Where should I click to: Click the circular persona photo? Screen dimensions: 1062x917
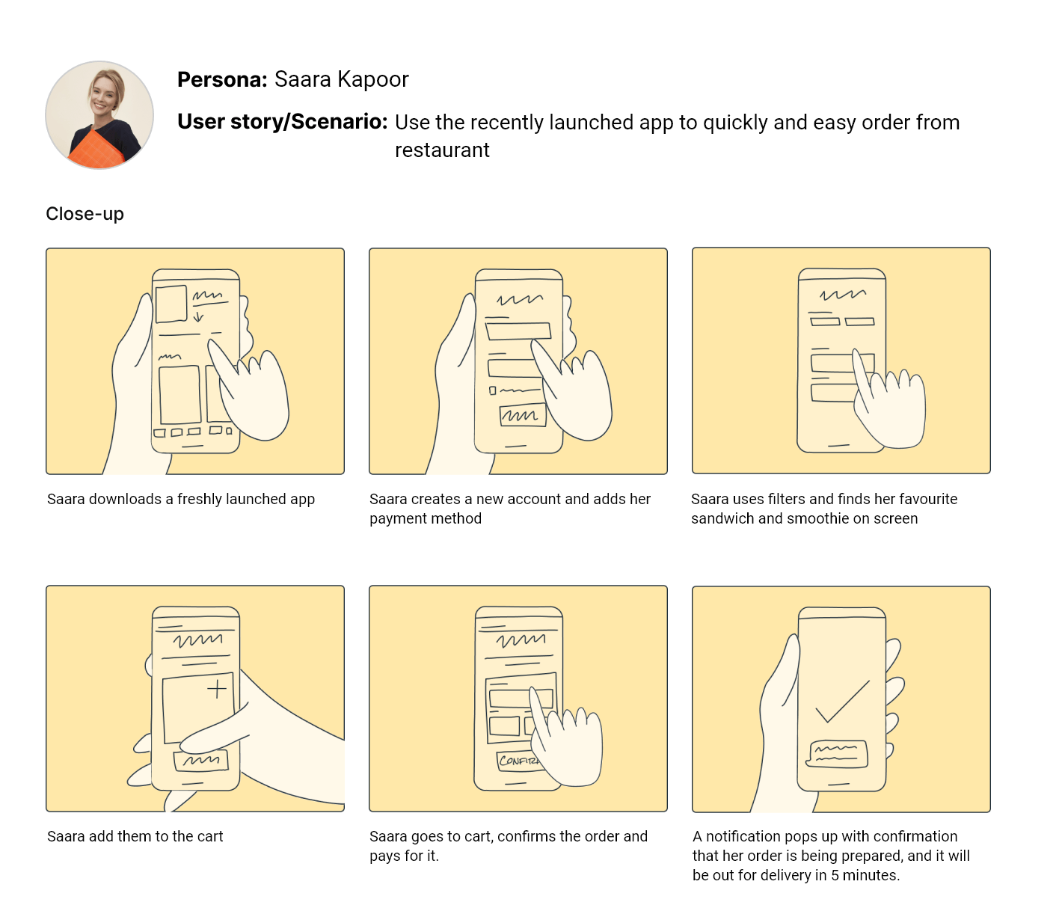point(99,115)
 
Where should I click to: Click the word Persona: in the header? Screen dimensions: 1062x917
point(222,79)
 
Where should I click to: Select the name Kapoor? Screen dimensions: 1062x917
point(373,79)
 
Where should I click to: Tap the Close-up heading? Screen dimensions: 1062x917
point(85,214)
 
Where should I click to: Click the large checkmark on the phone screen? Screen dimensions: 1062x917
point(843,702)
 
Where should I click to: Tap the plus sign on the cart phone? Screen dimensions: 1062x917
point(217,689)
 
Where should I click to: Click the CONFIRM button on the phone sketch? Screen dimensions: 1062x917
point(519,761)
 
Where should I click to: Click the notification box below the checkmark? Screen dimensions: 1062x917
point(837,754)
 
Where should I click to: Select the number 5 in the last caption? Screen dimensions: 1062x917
point(835,875)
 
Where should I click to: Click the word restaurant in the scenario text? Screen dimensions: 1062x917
point(442,150)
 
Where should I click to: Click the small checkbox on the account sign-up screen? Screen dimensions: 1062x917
point(493,391)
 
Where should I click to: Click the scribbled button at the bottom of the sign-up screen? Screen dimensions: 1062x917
point(522,415)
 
